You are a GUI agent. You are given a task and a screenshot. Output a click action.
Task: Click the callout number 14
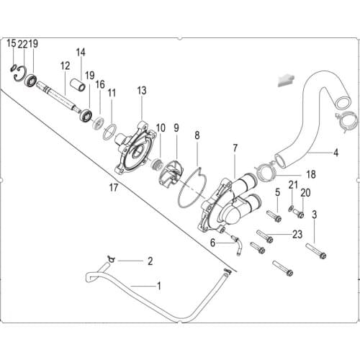click(x=81, y=52)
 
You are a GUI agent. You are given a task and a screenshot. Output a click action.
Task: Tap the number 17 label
click(x=112, y=189)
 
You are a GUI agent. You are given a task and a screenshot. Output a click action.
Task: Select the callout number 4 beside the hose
click(x=336, y=153)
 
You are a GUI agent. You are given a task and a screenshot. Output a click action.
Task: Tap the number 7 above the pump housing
click(x=234, y=148)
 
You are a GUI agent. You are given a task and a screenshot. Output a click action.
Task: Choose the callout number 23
click(x=297, y=235)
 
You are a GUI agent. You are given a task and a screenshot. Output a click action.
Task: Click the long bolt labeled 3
click(x=316, y=251)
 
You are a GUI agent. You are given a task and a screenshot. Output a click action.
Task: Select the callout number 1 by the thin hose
click(x=159, y=286)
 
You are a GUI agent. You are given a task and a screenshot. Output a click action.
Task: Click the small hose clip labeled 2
click(x=111, y=258)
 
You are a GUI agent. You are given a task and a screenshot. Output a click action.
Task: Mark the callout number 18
click(x=311, y=174)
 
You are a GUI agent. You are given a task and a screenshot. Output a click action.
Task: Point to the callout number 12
click(x=65, y=66)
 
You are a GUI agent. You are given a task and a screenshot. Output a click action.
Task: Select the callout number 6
click(x=212, y=243)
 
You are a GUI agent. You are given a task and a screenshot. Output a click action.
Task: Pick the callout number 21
click(x=293, y=186)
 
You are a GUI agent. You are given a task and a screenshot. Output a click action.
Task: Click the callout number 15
click(x=11, y=44)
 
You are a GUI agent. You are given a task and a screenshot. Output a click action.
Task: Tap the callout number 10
click(x=160, y=127)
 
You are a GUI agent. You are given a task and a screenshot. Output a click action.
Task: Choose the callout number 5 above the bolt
click(x=277, y=192)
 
